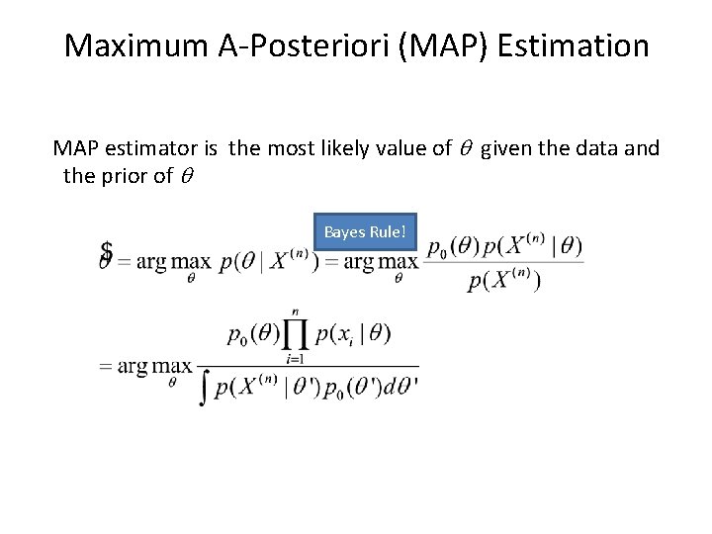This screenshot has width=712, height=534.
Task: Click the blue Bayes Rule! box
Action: pyautogui.click(x=365, y=231)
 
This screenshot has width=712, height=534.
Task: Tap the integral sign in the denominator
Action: pyautogui.click(x=205, y=387)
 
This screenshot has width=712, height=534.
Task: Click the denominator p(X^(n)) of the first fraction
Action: pyautogui.click(x=504, y=282)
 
